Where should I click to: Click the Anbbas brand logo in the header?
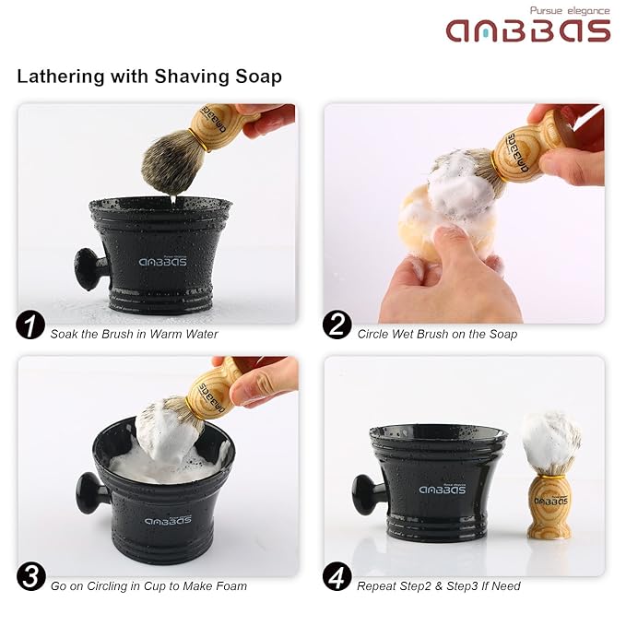[x=528, y=30]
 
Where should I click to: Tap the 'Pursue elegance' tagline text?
[x=569, y=10]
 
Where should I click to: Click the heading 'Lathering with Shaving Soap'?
[x=149, y=77]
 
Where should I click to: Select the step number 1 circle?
[x=30, y=326]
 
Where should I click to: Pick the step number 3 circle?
[x=30, y=578]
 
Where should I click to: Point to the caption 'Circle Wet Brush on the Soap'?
[x=437, y=334]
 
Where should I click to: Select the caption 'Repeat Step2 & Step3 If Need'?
[x=439, y=585]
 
